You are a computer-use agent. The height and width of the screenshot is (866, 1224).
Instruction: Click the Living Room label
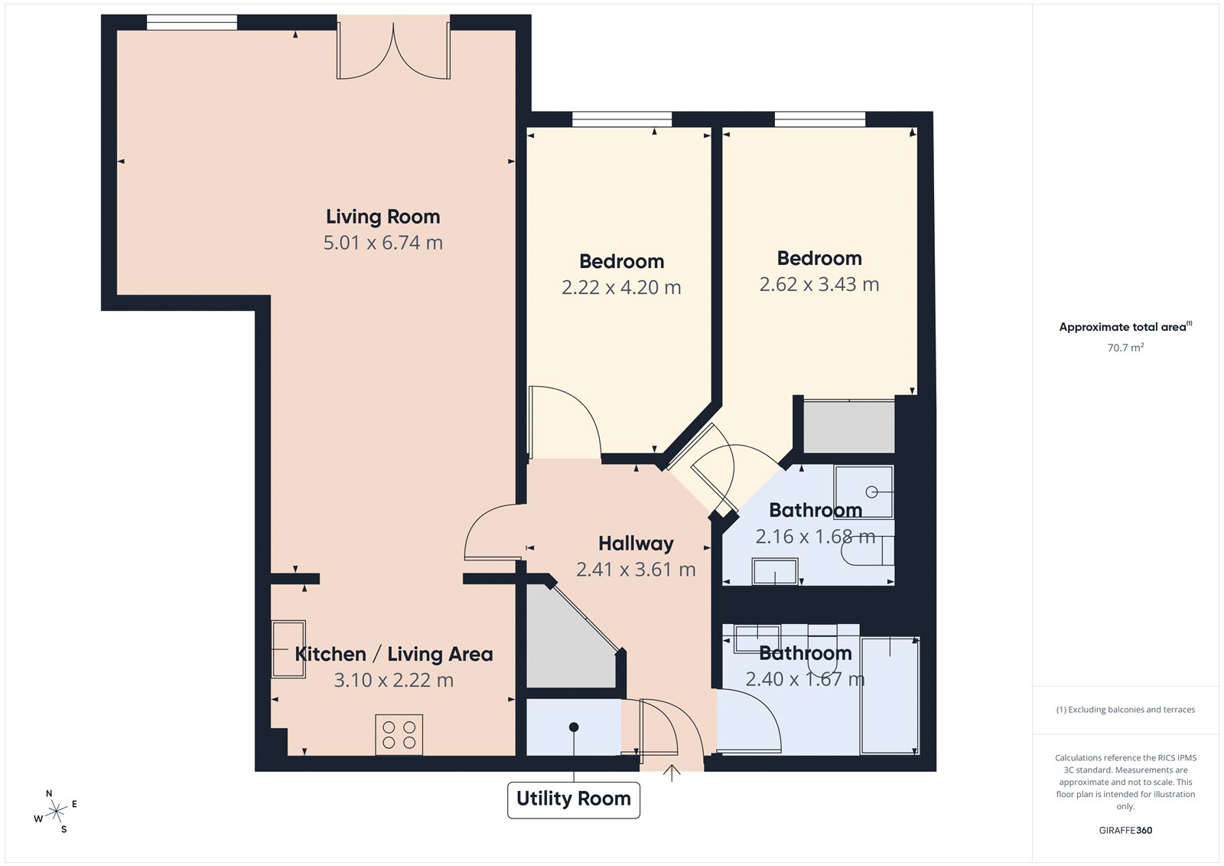(382, 217)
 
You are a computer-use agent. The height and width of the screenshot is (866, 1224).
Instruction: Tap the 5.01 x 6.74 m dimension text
(382, 243)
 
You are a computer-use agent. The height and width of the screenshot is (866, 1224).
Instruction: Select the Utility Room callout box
(573, 799)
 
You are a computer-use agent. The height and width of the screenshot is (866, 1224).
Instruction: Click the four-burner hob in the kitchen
(399, 734)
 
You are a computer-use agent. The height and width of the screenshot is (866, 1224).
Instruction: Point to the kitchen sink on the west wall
(288, 649)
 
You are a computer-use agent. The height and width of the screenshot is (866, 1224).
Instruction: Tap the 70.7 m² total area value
(1125, 348)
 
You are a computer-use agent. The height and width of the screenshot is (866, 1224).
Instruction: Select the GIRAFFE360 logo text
(1125, 830)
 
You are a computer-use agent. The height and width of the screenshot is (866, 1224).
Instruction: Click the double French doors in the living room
(393, 52)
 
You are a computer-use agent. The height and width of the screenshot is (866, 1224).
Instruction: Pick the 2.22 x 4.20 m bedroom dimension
(620, 287)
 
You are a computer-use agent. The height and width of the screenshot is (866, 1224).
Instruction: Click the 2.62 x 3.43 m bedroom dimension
(819, 284)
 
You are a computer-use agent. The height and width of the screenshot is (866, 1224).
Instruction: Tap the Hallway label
(636, 544)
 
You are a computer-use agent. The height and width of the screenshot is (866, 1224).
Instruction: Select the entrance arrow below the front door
(671, 773)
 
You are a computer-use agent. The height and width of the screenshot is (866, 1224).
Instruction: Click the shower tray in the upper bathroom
(864, 492)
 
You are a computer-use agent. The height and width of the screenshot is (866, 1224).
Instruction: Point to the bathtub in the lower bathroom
(890, 694)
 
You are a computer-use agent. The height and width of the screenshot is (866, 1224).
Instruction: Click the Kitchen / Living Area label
(393, 654)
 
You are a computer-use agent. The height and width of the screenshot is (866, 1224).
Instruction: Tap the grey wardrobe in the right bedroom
(848, 426)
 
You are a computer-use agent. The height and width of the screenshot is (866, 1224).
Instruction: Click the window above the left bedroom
(621, 119)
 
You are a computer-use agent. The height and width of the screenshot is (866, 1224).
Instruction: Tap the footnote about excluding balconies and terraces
(1125, 710)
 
